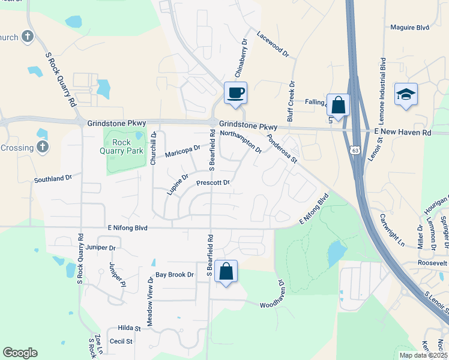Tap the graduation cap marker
pos(406,95)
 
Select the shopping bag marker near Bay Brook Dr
pos(226,271)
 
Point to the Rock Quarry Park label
pos(125,146)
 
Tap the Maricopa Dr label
pos(182,150)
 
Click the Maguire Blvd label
pos(410,27)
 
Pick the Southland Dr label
pos(52,178)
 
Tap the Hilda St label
pos(128,329)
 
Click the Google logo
pos(20,353)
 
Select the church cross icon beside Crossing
pos(42,147)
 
